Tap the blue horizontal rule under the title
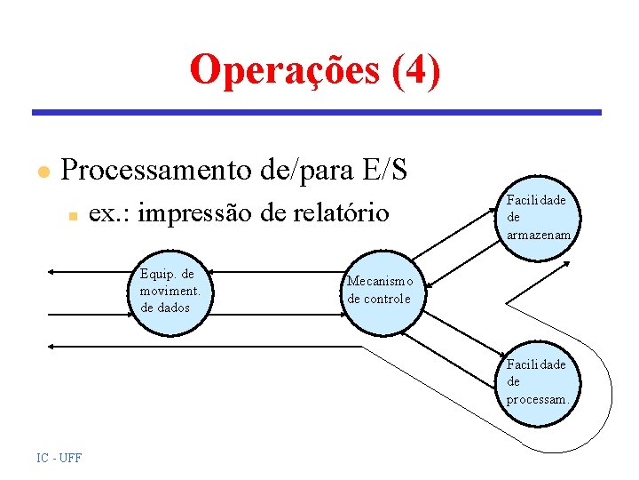click(316, 113)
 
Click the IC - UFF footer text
click(59, 458)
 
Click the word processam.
click(537, 399)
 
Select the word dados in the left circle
click(165, 308)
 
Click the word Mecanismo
click(380, 282)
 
